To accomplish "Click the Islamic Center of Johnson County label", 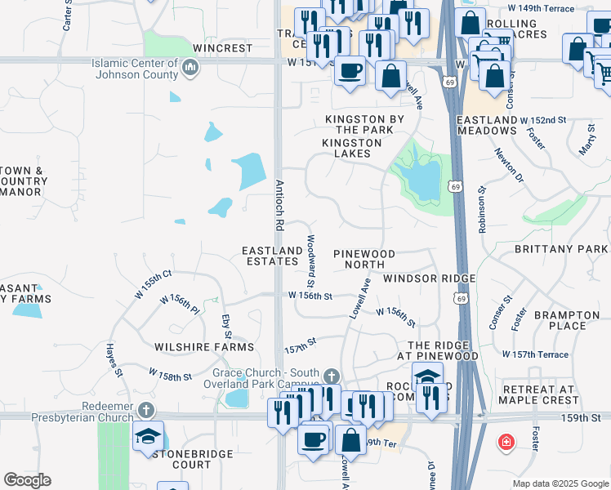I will tap(136, 69).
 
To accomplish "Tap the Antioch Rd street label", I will tap(279, 204).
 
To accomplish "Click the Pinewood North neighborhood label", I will tap(364, 259).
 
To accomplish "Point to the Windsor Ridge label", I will tap(429, 278).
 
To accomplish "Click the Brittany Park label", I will tap(561, 248).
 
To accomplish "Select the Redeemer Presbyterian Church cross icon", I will tap(145, 409).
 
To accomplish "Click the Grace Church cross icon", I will tap(331, 376).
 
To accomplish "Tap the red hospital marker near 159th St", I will tap(506, 442).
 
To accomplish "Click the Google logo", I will tap(27, 480).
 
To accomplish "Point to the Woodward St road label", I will tap(311, 255).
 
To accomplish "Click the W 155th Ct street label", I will tap(154, 283).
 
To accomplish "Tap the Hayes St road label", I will tap(113, 360).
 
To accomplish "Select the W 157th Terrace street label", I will tap(535, 354).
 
